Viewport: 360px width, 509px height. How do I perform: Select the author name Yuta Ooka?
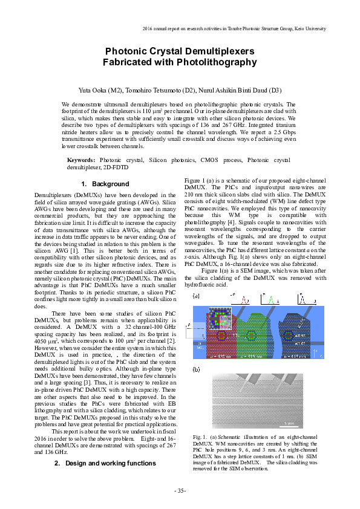click(x=93, y=90)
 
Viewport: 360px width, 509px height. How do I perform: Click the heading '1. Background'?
click(x=105, y=184)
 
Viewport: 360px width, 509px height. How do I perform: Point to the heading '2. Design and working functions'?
click(x=105, y=463)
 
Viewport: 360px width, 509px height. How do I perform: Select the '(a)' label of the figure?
click(x=196, y=296)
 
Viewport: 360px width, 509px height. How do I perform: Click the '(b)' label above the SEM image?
click(x=196, y=369)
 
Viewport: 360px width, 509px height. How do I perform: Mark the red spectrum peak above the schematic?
click(x=246, y=300)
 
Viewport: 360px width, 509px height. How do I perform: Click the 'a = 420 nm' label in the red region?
click(x=220, y=357)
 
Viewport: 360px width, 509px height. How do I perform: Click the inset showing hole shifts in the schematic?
click(x=220, y=318)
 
